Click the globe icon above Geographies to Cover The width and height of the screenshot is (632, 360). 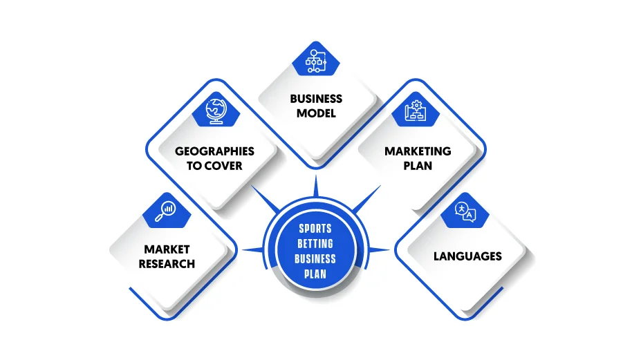click(216, 111)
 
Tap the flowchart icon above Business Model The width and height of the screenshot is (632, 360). click(316, 61)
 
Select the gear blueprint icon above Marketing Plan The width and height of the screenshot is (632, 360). click(416, 111)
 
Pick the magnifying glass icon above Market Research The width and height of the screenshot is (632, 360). click(165, 211)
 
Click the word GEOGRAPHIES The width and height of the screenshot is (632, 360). click(214, 151)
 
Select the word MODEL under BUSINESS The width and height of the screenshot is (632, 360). click(316, 113)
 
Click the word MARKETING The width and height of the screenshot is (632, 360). click(418, 151)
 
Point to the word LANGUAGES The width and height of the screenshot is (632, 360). click(467, 256)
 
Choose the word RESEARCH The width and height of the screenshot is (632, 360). click(167, 264)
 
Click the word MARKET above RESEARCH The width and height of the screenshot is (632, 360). click(167, 249)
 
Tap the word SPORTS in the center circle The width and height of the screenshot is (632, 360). click(315, 229)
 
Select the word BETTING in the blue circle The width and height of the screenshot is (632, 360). click(315, 244)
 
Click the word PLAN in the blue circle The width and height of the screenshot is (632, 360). click(315, 274)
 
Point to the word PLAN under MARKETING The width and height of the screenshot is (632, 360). click(418, 166)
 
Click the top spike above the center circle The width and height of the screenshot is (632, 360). click(316, 187)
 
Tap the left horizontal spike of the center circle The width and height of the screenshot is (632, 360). click(253, 250)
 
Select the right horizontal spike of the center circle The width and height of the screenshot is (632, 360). click(379, 250)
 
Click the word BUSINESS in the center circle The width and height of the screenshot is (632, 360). click(315, 259)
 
